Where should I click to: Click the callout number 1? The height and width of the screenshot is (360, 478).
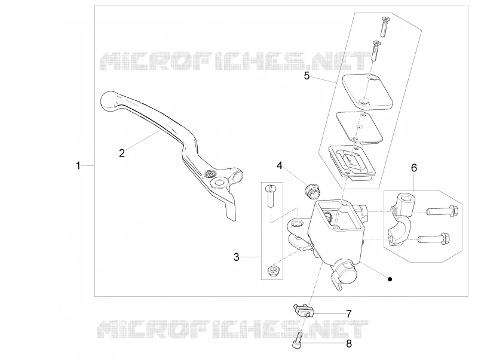78,166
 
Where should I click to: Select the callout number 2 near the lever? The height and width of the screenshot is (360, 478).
122,153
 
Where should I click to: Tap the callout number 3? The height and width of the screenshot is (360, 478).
237,257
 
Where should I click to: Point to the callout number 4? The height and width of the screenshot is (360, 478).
280,165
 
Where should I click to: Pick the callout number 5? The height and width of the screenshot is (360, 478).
307,76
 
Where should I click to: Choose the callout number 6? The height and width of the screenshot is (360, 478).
414,168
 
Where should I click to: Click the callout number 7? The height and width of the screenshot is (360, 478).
349,313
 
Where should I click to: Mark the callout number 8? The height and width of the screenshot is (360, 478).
349,343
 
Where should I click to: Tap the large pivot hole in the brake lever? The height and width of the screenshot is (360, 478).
219,183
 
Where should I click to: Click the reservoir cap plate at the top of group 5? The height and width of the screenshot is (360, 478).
367,91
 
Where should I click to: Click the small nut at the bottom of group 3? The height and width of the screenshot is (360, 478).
272,270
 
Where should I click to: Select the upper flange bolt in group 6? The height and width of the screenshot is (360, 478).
442,211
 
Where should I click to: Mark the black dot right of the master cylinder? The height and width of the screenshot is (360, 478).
390,279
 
